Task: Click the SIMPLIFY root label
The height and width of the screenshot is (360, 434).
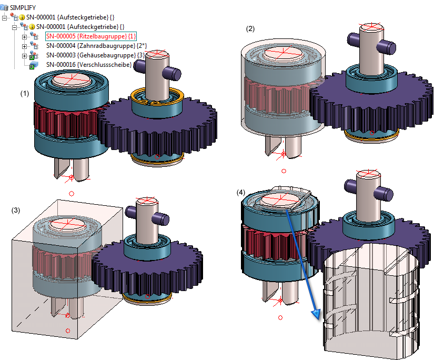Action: click(23, 8)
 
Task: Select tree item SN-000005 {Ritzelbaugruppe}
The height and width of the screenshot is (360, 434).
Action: click(91, 36)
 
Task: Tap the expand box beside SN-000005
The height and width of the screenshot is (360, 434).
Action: click(24, 36)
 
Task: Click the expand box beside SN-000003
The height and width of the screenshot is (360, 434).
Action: click(24, 55)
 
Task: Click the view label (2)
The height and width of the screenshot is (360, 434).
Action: click(250, 29)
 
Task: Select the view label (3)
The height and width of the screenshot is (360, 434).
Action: click(16, 211)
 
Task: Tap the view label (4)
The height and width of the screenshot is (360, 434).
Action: click(241, 193)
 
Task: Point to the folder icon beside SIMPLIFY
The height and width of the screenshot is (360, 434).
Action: click(5, 8)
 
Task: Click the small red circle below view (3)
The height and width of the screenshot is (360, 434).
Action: click(67, 331)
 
